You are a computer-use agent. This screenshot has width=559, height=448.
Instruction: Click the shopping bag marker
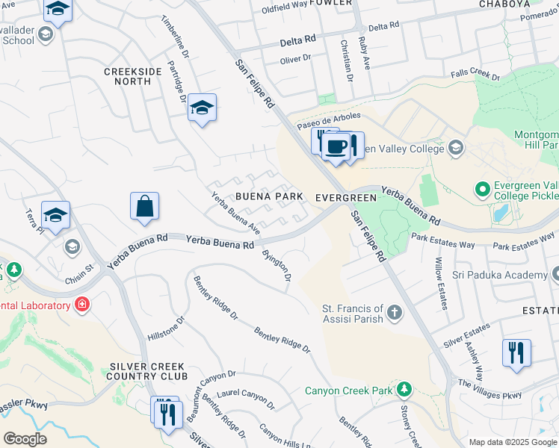tap(144, 208)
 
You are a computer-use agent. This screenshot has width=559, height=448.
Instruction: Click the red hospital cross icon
tap(81, 305)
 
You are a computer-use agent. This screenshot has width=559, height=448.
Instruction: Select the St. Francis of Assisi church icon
tap(394, 314)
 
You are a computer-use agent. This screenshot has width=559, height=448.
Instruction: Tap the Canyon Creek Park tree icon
tap(404, 390)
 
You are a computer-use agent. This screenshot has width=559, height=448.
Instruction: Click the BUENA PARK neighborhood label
tap(269, 196)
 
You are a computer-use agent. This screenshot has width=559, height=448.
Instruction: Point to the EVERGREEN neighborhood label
tap(345, 197)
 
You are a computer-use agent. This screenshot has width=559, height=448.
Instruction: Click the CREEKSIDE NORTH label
tap(132, 75)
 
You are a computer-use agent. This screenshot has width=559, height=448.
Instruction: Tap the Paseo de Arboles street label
tap(330, 120)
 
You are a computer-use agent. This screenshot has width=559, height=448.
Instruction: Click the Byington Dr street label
tap(277, 264)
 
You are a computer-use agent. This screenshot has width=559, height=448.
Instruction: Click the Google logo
tap(25, 438)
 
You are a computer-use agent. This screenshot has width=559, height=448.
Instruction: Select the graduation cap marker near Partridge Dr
tap(202, 108)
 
